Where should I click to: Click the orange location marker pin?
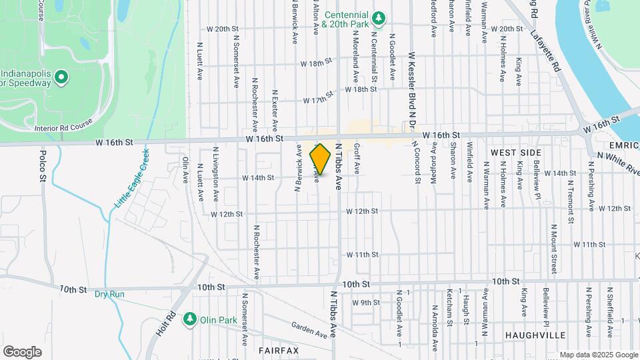pyautogui.click(x=321, y=159)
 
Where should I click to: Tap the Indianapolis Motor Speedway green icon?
pyautogui.click(x=61, y=78)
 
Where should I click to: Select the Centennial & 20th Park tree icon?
pyautogui.click(x=379, y=18)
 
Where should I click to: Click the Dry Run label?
pyautogui.click(x=110, y=293)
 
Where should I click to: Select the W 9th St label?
pyautogui.click(x=365, y=302)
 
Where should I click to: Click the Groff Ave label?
pyautogui.click(x=357, y=159)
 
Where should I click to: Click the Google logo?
pyautogui.click(x=22, y=351)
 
